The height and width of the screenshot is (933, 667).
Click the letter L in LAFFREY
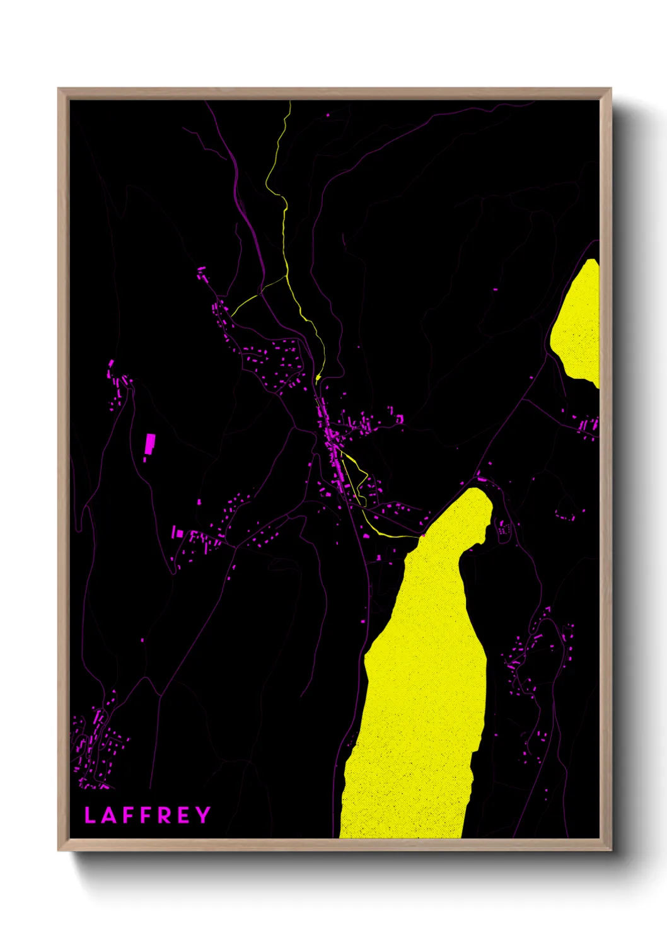click(x=90, y=815)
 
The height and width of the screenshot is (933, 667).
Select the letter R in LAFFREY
click(x=163, y=815)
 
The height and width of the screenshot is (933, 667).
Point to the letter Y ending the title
click(x=202, y=815)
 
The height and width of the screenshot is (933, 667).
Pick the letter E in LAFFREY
click(x=183, y=815)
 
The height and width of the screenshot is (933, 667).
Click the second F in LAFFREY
click(x=144, y=815)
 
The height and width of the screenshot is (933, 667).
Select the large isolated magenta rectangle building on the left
click(x=150, y=443)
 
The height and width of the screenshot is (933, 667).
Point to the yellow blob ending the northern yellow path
click(x=318, y=378)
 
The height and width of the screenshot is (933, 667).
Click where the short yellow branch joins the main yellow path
click(x=287, y=275)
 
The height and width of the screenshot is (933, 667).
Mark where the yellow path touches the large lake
click(x=419, y=536)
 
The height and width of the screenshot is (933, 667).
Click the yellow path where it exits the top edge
click(x=289, y=102)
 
